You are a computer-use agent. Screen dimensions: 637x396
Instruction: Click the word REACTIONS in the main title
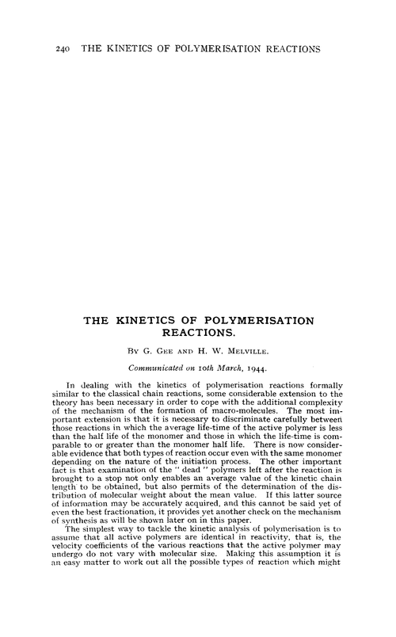pyautogui.click(x=198, y=335)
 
